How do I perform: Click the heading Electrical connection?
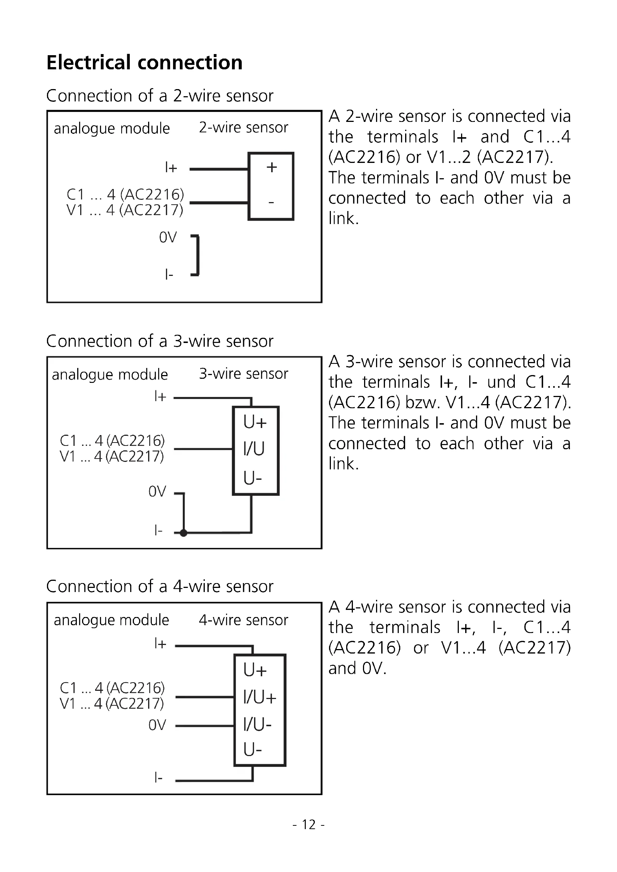tap(144, 63)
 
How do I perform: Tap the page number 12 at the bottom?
tap(308, 825)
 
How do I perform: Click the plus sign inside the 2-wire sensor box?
tap(272, 167)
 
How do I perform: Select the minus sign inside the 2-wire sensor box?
tap(271, 202)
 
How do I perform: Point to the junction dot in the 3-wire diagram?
tap(184, 533)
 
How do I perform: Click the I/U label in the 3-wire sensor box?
tap(254, 449)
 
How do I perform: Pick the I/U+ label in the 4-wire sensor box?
tap(260, 697)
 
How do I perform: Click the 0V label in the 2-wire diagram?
tap(168, 237)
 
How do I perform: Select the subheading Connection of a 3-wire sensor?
tap(160, 341)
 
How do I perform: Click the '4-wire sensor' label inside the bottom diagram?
tap(244, 620)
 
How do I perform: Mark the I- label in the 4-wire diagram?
tap(159, 778)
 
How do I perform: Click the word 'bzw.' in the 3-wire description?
tap(423, 402)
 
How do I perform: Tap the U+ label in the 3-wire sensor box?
tap(255, 422)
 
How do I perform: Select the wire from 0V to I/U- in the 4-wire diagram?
tap(205, 726)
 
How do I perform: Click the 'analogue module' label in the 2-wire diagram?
tap(112, 129)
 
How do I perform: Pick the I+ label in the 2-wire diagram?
tap(171, 167)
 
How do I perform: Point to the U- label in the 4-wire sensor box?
tap(253, 750)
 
